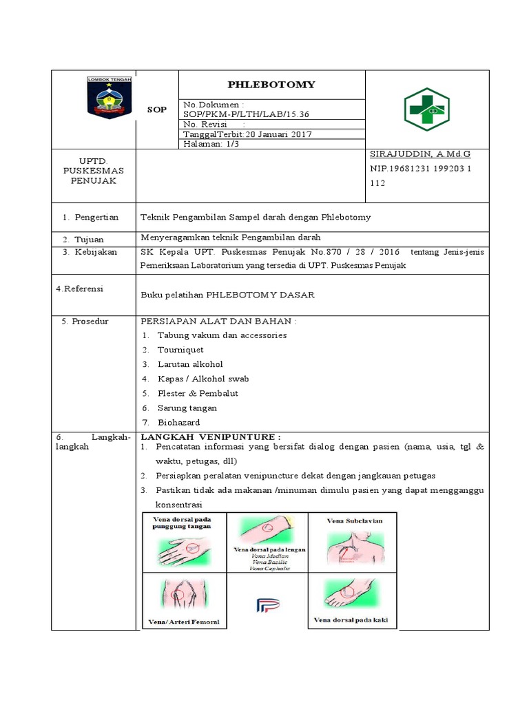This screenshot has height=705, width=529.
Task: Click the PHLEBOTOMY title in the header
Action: click(x=272, y=85)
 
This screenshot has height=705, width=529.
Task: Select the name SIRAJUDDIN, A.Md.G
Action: click(x=420, y=154)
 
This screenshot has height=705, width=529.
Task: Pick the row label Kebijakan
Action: click(x=95, y=252)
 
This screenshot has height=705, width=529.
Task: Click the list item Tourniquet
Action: click(x=180, y=350)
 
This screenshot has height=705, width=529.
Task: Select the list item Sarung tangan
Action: click(x=187, y=408)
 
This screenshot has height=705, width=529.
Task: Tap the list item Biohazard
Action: click(x=178, y=423)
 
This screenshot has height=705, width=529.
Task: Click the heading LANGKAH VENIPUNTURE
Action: click(x=211, y=436)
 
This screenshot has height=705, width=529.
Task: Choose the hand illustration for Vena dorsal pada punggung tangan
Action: click(x=181, y=549)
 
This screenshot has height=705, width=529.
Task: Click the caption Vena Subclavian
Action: click(x=354, y=521)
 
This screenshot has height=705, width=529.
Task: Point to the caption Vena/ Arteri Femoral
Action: click(x=183, y=622)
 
